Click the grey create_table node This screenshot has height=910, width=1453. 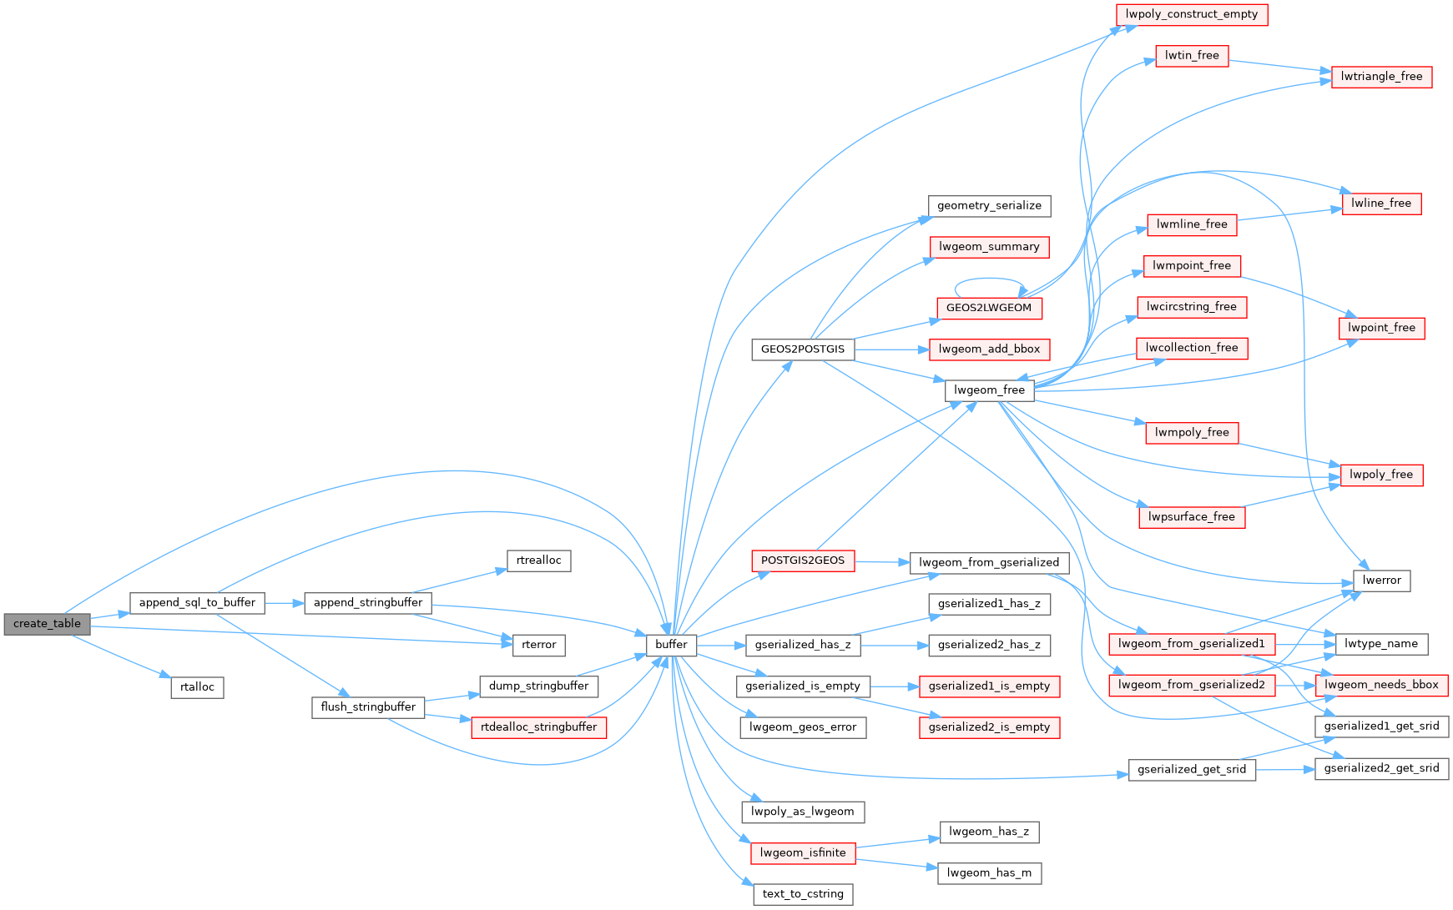point(47,623)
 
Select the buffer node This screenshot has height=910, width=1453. point(671,644)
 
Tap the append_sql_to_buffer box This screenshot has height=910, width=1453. point(197,602)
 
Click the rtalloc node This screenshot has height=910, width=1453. point(197,686)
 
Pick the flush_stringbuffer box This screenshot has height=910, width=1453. point(368,706)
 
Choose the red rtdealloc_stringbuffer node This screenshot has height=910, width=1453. point(538,726)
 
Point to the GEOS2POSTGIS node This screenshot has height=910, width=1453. point(802,349)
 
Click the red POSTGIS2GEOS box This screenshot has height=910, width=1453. point(802,561)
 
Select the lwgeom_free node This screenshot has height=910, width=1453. point(989,390)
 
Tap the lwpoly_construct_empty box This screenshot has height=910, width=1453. point(1191,14)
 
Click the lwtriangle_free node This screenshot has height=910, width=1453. point(1381,76)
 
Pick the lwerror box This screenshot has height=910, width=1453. point(1381,580)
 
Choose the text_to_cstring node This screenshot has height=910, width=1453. point(802,893)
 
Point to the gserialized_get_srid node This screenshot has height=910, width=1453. point(1191,769)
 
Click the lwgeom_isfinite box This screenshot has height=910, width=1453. point(802,852)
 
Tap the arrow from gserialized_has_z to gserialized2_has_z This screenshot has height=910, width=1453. point(894,645)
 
